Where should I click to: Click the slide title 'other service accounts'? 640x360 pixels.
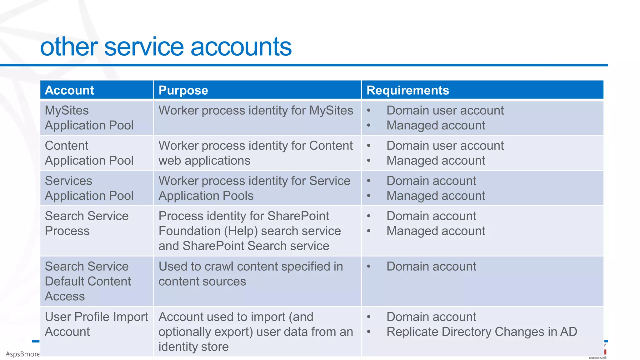(166, 47)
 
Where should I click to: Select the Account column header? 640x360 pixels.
(69, 90)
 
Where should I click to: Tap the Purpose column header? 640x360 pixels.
(183, 90)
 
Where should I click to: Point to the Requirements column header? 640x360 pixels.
(407, 90)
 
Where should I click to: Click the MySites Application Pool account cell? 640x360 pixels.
(89, 118)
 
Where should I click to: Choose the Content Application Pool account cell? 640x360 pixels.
(89, 153)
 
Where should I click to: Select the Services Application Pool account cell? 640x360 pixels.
(89, 188)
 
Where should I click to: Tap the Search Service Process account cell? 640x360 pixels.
(87, 223)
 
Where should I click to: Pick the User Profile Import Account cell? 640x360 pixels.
(96, 324)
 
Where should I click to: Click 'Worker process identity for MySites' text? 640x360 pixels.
(256, 111)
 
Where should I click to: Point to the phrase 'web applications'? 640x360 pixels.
(204, 161)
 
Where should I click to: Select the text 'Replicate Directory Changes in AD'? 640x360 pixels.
(482, 332)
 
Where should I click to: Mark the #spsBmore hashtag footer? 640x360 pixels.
(23, 354)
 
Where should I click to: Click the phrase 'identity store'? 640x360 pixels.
(193, 347)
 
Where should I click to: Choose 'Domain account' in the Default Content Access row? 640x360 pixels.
(431, 267)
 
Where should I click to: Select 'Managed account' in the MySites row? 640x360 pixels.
(436, 126)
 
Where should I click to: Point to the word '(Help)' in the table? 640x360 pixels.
(241, 231)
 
